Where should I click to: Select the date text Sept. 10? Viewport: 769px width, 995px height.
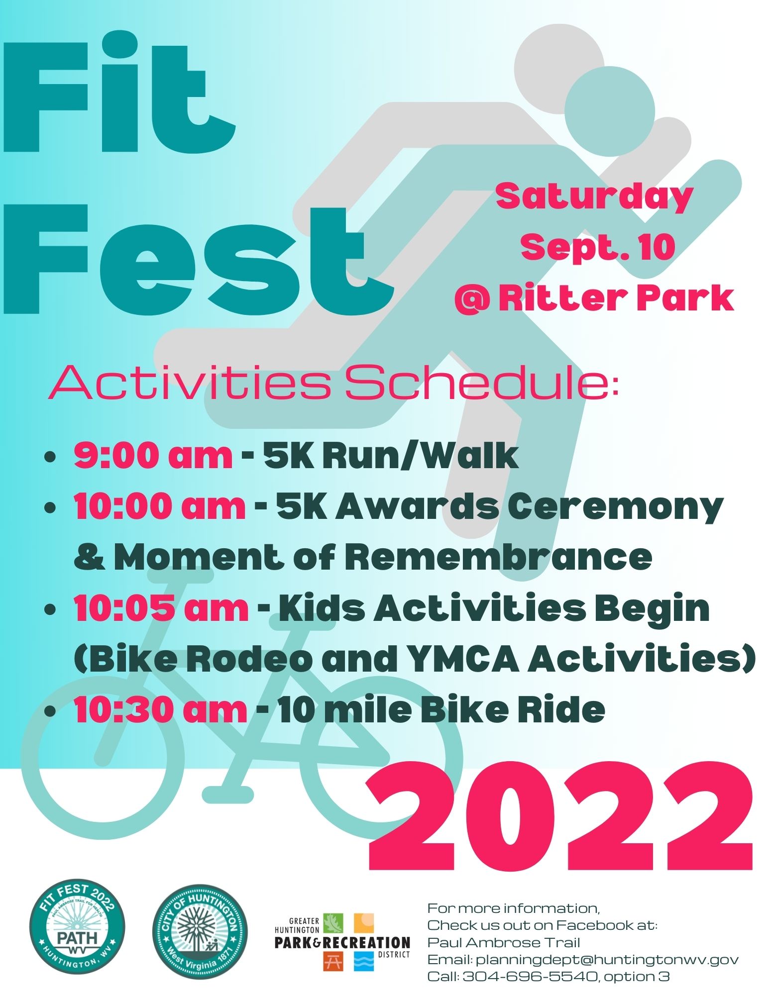[x=598, y=248]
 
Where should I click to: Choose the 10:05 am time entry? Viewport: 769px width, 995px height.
[x=161, y=608]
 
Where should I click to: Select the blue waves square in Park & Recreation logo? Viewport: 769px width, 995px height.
[x=364, y=961]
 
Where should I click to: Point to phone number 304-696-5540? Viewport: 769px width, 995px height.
[x=530, y=976]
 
